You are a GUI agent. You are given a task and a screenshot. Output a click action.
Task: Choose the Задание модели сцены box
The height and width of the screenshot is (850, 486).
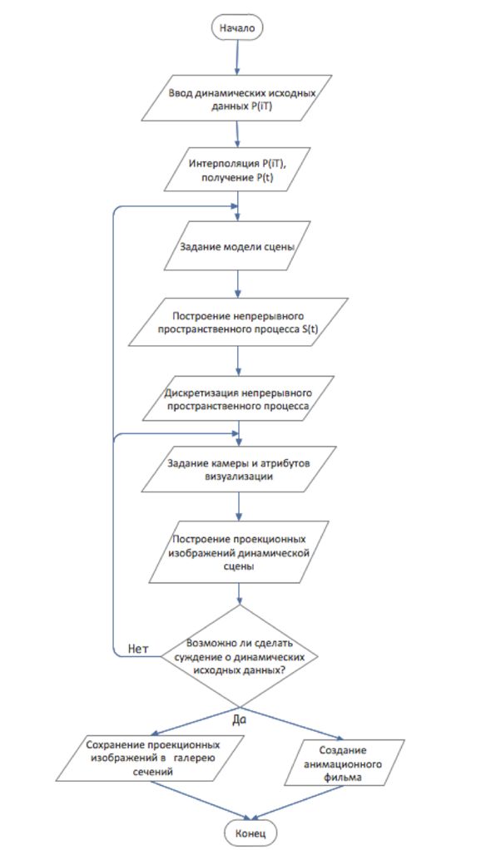(237, 245)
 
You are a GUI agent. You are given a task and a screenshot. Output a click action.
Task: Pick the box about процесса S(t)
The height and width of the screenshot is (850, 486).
(237, 321)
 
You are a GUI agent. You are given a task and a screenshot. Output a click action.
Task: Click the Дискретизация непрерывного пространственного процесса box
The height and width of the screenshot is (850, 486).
(237, 397)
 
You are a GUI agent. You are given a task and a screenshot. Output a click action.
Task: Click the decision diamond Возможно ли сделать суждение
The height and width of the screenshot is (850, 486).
(239, 655)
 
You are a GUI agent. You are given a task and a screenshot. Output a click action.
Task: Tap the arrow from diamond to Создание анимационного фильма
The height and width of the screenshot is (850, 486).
(292, 723)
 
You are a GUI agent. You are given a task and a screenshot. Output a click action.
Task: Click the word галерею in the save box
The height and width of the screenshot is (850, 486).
(195, 758)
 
